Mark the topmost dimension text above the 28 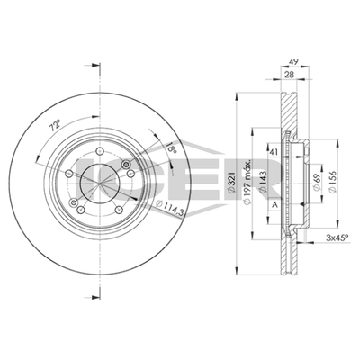pyautogui.click(x=292, y=63)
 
